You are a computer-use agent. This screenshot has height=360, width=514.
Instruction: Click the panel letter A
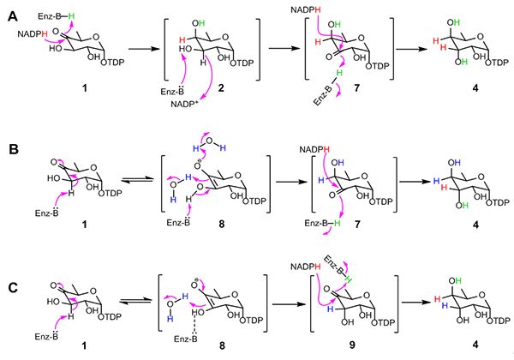(13, 15)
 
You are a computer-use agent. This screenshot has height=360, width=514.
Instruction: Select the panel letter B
(13, 149)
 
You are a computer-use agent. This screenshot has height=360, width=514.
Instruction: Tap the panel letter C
(13, 287)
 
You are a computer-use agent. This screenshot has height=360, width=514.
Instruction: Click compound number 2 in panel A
(221, 88)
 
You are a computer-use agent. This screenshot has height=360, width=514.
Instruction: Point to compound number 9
(352, 345)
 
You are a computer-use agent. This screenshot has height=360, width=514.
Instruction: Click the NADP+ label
(186, 105)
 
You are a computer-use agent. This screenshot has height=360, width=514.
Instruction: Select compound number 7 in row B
(357, 225)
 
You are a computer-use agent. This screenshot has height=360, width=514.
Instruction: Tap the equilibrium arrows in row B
(137, 180)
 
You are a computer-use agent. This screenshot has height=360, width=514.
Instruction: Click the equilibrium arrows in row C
(135, 301)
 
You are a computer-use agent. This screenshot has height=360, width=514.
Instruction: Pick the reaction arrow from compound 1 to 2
(144, 49)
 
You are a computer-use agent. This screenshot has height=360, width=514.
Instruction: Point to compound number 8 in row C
(222, 345)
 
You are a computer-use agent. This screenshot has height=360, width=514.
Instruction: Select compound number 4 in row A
(475, 87)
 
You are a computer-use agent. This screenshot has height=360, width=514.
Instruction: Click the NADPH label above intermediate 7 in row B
(314, 150)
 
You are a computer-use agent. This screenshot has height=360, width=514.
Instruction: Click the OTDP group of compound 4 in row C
(498, 321)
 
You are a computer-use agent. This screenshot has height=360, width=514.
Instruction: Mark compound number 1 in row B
(85, 225)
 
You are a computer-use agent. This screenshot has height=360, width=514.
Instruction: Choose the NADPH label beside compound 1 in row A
(33, 33)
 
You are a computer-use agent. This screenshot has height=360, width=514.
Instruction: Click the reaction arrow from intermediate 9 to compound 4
(416, 302)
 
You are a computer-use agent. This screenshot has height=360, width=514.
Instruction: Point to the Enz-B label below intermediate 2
(172, 91)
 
